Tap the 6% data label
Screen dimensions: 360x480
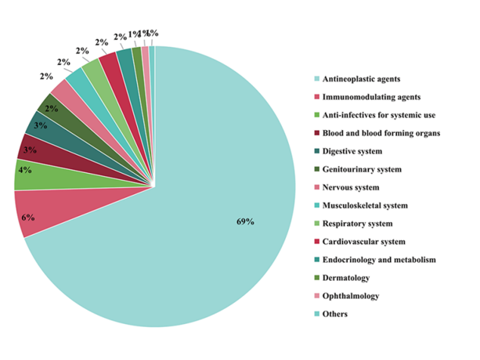[x=28, y=217]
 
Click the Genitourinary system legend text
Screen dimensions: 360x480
[x=372, y=169]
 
